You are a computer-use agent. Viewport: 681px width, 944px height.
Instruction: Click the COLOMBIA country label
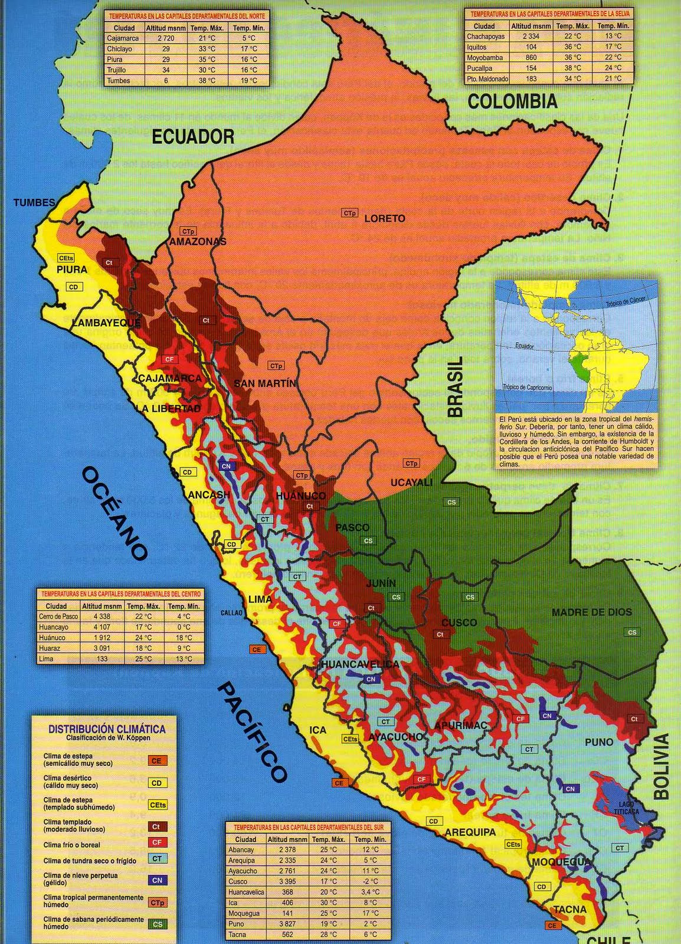click(x=512, y=101)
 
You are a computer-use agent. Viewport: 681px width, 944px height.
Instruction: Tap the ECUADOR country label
click(x=193, y=137)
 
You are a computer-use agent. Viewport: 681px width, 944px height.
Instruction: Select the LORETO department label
click(x=385, y=218)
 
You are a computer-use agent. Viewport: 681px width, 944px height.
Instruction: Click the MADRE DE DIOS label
click(x=591, y=612)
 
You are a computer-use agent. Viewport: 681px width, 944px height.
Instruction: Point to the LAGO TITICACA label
click(x=629, y=808)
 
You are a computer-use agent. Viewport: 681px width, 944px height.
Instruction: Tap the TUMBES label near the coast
click(x=34, y=202)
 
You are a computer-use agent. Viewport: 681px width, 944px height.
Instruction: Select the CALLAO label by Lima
click(x=231, y=613)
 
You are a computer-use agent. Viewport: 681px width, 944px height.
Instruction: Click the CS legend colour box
click(x=157, y=924)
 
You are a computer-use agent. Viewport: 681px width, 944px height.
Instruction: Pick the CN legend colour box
click(x=157, y=880)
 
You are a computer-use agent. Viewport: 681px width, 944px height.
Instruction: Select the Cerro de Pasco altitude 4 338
click(x=102, y=617)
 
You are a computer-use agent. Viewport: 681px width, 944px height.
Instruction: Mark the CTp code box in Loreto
click(x=350, y=212)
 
